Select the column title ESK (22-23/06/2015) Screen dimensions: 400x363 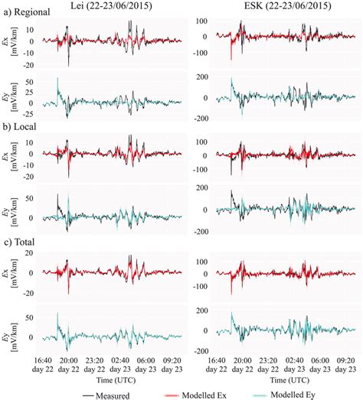click(x=276, y=7)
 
